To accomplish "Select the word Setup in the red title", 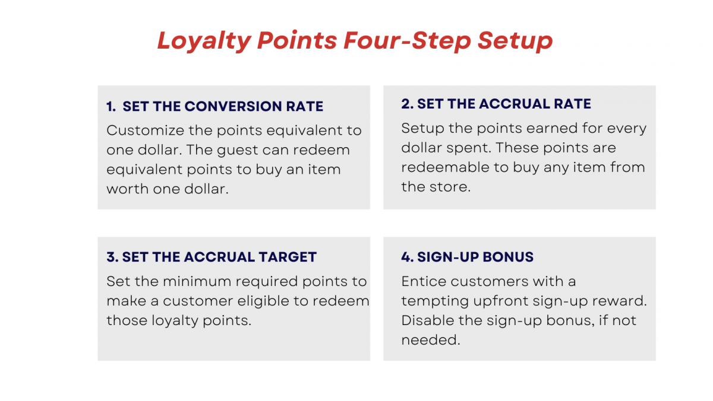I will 515,41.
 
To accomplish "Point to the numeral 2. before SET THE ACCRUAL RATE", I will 407,104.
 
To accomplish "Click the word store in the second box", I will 450,187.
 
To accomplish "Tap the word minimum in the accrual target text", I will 194,281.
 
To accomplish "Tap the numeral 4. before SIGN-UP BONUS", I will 407,257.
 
